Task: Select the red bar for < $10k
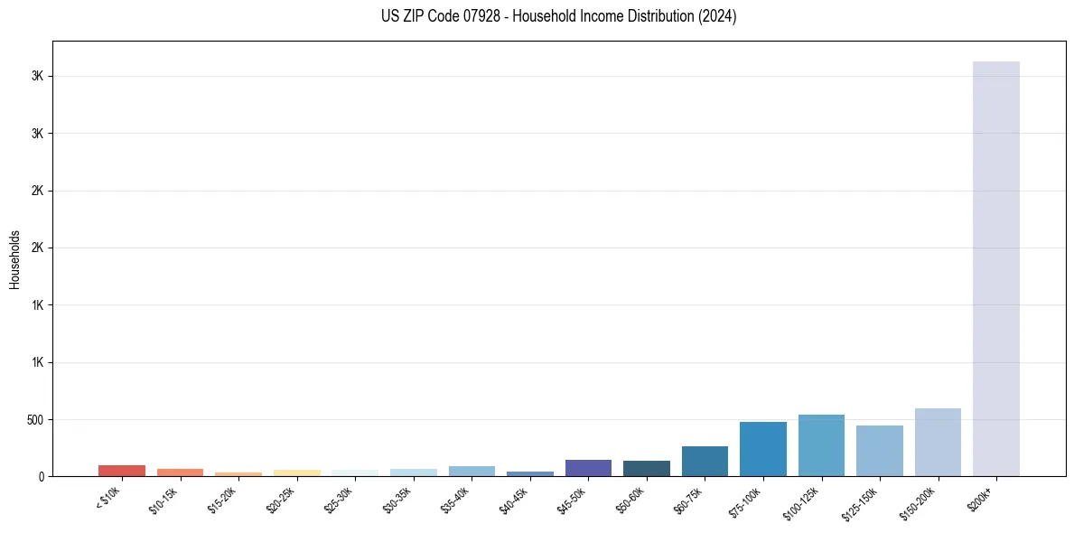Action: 121,471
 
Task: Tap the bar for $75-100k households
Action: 762,449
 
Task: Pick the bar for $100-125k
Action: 821,445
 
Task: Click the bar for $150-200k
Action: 938,443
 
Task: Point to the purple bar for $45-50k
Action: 588,468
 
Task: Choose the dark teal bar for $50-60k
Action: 646,469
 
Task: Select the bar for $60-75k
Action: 705,462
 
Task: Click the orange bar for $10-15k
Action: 180,472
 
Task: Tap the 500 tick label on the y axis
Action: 34,420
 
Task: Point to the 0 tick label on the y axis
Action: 42,477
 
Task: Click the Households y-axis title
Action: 14,259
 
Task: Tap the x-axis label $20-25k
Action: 283,499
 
